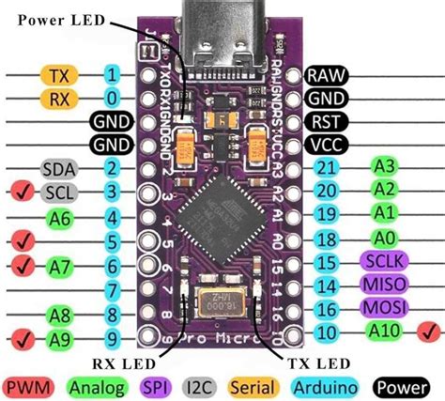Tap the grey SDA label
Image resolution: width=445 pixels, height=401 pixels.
pos(57,169)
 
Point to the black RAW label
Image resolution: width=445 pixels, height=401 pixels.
pos(330,75)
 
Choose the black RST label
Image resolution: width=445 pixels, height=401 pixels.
pos(330,122)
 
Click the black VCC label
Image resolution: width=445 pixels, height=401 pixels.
pos(330,146)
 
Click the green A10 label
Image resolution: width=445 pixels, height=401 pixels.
pos(385,331)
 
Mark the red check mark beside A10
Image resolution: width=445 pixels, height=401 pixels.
pos(431,331)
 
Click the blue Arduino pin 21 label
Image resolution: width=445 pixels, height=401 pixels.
pos(326,167)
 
